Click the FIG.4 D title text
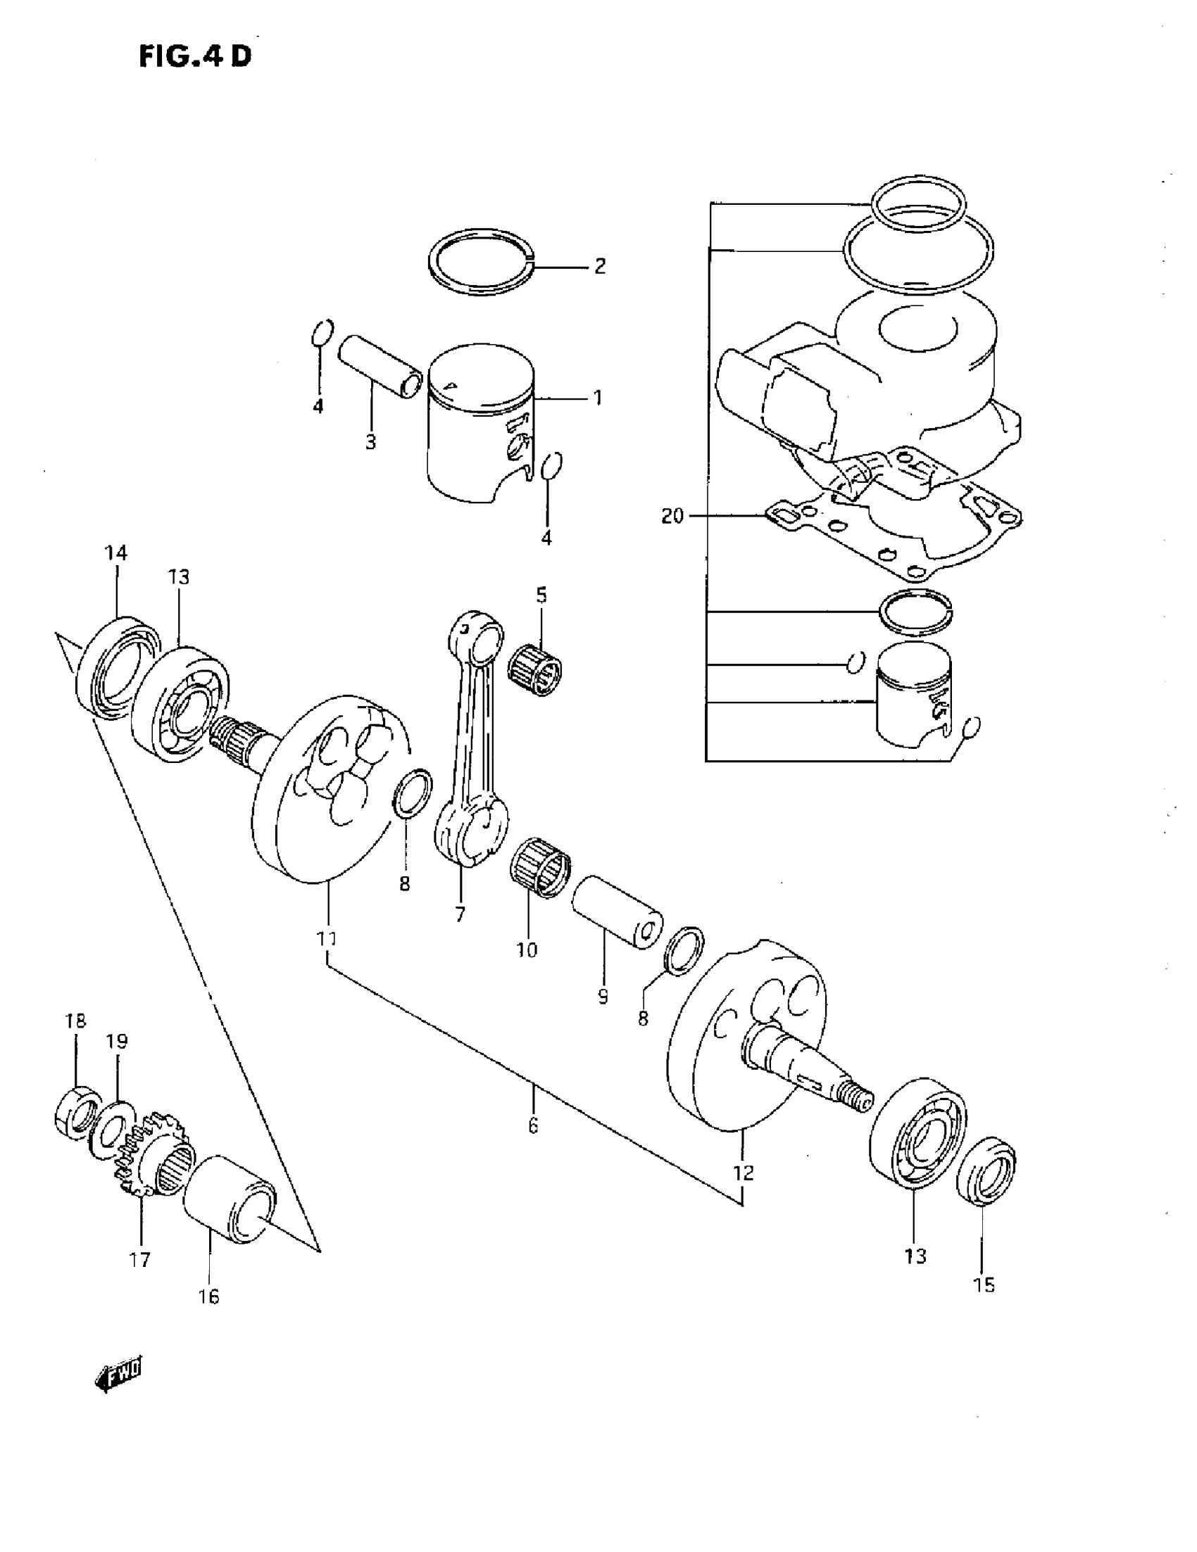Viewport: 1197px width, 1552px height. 194,56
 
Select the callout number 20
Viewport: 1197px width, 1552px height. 672,516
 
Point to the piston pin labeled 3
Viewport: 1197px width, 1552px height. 379,369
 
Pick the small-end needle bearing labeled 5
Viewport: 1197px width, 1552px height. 536,667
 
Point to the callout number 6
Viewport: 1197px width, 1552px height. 533,1125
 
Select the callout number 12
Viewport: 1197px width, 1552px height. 743,1173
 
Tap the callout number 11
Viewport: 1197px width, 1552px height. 326,938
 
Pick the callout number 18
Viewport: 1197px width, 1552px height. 75,1021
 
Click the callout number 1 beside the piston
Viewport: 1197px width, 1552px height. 598,397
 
